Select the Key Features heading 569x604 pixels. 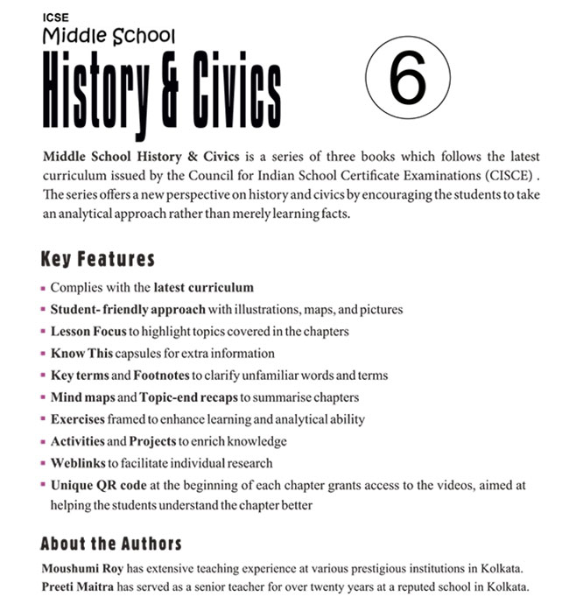tap(97, 259)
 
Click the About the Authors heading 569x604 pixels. tap(111, 543)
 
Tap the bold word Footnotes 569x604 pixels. tap(164, 376)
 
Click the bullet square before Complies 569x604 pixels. tap(43, 288)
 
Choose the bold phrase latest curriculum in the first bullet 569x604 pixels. tap(203, 287)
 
